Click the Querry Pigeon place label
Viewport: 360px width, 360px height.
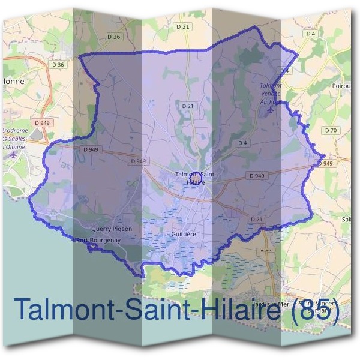pyautogui.click(x=111, y=229)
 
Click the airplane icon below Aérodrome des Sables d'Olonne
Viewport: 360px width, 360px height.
pyautogui.click(x=14, y=155)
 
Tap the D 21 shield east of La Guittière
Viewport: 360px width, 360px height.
pyautogui.click(x=257, y=220)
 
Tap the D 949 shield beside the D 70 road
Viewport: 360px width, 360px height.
pyautogui.click(x=325, y=163)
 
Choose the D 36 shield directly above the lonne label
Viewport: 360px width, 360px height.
pyautogui.click(x=58, y=64)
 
